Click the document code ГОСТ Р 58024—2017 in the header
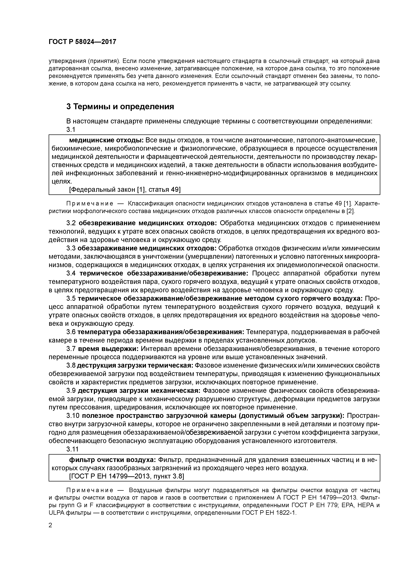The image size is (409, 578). click(82, 42)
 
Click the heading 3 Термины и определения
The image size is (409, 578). click(120, 107)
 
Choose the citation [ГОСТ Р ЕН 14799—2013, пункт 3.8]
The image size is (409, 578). click(126, 476)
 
